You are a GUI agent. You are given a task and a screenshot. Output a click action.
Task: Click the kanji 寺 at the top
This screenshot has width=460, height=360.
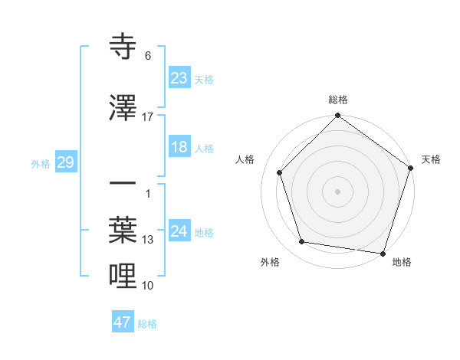click(x=123, y=47)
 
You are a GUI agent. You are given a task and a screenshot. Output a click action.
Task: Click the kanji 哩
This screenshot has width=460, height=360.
click(x=123, y=275)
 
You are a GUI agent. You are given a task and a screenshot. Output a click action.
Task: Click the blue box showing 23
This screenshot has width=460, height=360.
click(x=179, y=77)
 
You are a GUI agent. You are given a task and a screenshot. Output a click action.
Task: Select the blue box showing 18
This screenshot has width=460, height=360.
click(x=179, y=147)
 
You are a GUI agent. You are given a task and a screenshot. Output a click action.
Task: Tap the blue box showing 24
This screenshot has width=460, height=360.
click(x=179, y=231)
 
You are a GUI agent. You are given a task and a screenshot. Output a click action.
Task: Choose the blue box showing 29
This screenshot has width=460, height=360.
click(x=65, y=162)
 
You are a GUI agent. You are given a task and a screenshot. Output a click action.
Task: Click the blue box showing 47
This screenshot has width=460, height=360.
click(x=123, y=322)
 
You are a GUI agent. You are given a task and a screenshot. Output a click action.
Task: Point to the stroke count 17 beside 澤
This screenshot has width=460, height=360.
click(x=148, y=117)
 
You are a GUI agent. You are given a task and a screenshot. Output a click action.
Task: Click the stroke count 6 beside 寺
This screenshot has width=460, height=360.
click(x=148, y=56)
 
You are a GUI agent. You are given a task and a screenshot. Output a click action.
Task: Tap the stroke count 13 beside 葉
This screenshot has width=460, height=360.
click(x=148, y=240)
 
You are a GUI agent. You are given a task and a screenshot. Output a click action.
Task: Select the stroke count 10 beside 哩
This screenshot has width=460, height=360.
click(x=148, y=286)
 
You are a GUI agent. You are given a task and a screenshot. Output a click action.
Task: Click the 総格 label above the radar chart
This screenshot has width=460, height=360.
click(x=338, y=100)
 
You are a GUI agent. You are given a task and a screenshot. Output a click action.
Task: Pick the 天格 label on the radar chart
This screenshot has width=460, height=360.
click(x=431, y=159)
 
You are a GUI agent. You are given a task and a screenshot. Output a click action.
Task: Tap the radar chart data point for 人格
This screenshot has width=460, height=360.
click(x=280, y=172)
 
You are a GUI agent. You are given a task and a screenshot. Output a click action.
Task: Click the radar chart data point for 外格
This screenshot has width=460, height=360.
click(x=302, y=242)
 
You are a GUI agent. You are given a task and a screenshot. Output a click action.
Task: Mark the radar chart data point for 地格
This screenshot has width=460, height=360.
click(x=383, y=253)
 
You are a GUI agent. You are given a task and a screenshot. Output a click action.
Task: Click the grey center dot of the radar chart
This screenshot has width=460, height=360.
click(x=338, y=191)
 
